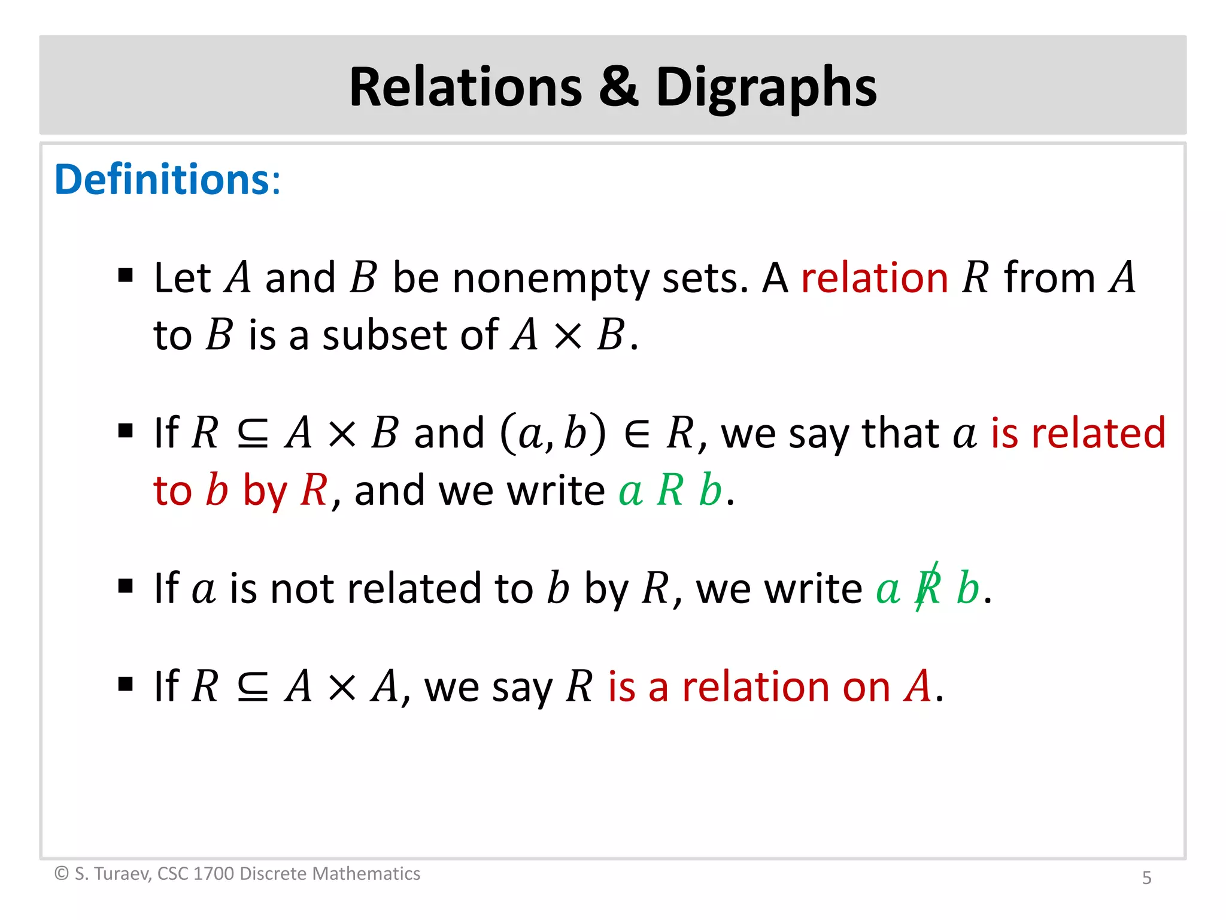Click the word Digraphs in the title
pyautogui.click(x=766, y=87)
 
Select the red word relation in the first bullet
pyautogui.click(x=875, y=278)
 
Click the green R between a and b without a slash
pyautogui.click(x=670, y=491)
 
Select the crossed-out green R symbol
pyautogui.click(x=927, y=588)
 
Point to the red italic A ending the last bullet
pyautogui.click(x=918, y=686)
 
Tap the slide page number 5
pyautogui.click(x=1146, y=877)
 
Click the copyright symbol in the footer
pyautogui.click(x=61, y=873)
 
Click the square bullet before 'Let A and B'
pyautogui.click(x=125, y=276)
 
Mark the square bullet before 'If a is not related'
pyautogui.click(x=125, y=586)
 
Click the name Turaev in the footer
pyautogui.click(x=122, y=873)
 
